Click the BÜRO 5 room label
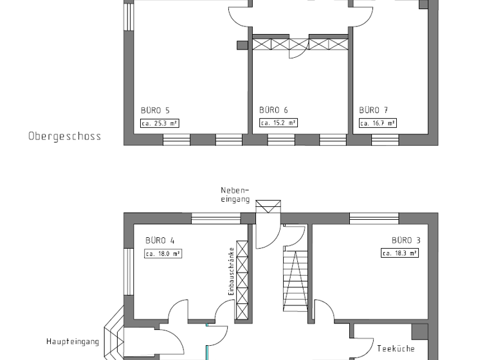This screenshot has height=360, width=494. click(x=155, y=110)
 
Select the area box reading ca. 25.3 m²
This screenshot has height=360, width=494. click(x=159, y=123)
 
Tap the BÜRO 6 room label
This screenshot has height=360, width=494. click(x=273, y=110)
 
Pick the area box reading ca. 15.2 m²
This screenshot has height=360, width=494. click(x=278, y=123)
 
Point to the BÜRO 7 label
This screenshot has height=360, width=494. click(x=373, y=110)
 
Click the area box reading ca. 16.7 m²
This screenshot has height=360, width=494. click(x=378, y=123)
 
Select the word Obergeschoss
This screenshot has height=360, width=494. click(x=64, y=136)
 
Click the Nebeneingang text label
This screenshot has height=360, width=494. click(x=235, y=195)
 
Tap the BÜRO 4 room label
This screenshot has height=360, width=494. click(x=160, y=240)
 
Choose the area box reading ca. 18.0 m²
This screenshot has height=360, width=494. click(x=163, y=253)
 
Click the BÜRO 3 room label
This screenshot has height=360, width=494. click(x=406, y=240)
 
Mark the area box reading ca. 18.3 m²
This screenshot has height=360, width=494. click(x=399, y=253)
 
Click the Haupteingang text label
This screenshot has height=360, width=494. click(x=71, y=341)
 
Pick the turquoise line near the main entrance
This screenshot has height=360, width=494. click(x=206, y=344)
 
